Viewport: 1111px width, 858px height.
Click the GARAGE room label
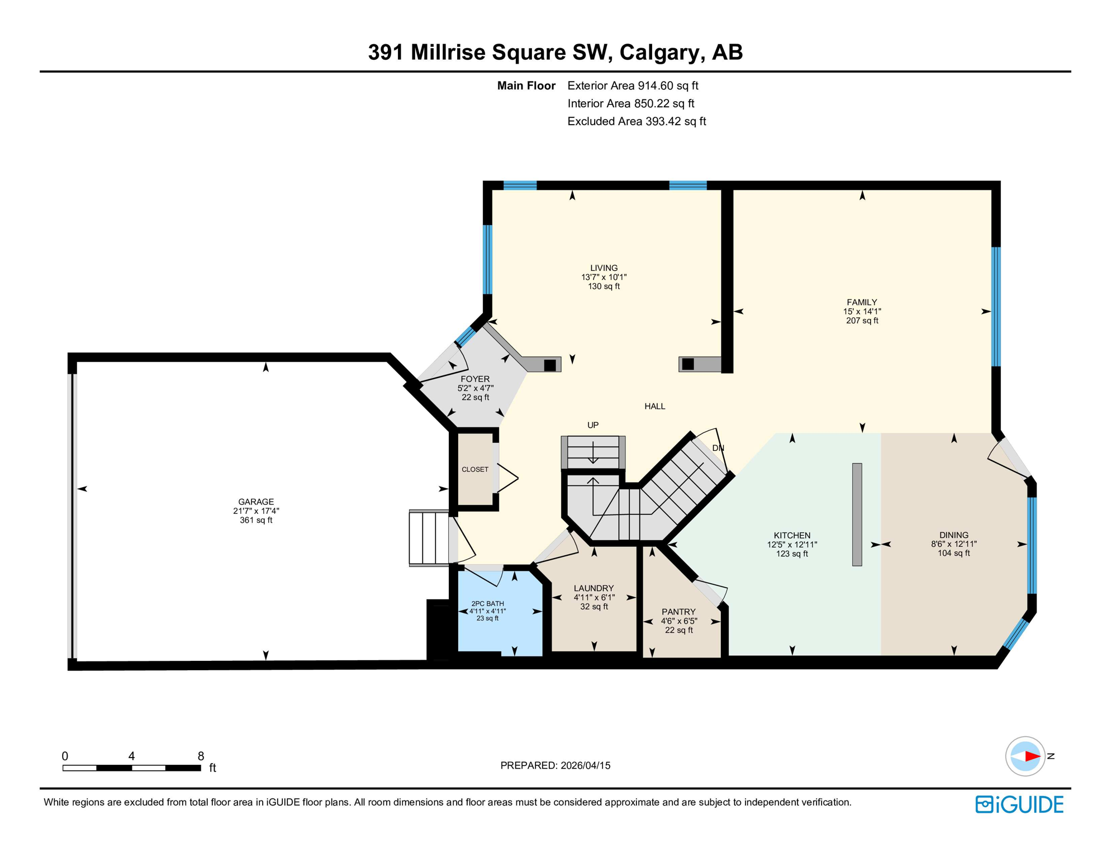[256, 502]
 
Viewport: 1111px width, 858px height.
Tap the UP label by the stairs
[593, 425]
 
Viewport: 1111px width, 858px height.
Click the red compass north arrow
[1032, 756]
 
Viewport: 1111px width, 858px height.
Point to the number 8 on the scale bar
[201, 756]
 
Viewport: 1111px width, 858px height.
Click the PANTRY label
[678, 612]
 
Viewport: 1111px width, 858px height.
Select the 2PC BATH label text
[487, 603]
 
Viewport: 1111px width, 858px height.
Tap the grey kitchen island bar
[857, 514]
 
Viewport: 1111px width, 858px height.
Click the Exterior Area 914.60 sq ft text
[633, 85]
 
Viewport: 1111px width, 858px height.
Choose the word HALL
[654, 406]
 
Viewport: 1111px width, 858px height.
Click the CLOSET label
[475, 469]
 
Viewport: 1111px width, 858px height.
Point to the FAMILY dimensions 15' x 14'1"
[862, 312]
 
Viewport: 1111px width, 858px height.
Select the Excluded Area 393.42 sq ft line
[637, 121]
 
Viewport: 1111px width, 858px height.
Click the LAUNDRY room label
[594, 588]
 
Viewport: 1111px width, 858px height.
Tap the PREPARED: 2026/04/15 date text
[555, 765]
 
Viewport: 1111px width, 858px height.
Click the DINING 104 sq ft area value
[953, 553]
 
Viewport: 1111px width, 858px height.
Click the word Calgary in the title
[659, 52]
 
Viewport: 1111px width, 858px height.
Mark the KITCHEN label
[792, 535]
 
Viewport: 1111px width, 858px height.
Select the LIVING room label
[604, 268]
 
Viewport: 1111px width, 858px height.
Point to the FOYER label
[475, 379]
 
